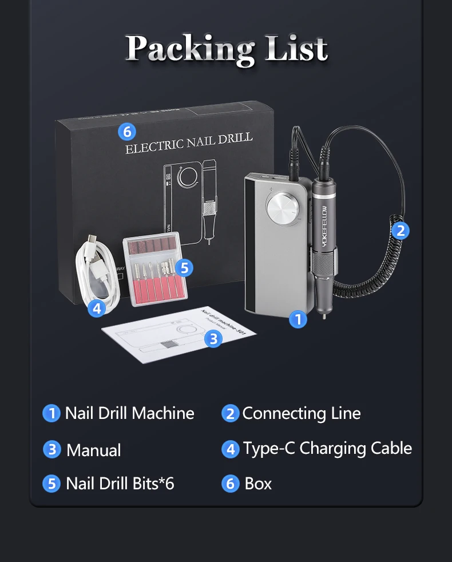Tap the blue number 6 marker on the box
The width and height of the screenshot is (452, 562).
[126, 132]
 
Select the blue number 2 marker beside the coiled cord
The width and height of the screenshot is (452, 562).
[401, 230]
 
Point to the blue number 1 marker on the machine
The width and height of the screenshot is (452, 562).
[298, 319]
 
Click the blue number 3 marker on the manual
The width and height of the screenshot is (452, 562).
[213, 339]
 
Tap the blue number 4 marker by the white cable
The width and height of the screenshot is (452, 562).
[97, 308]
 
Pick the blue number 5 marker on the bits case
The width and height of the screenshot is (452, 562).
[184, 267]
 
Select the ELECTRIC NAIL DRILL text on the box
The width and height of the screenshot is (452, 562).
[189, 144]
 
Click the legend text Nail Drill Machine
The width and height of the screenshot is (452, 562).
[129, 413]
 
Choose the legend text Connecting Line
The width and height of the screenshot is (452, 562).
[302, 413]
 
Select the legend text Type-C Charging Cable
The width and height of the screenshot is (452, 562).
[327, 448]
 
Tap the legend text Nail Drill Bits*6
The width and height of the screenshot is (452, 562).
[120, 484]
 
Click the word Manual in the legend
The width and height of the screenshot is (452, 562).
[93, 450]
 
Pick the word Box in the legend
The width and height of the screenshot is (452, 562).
[258, 484]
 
